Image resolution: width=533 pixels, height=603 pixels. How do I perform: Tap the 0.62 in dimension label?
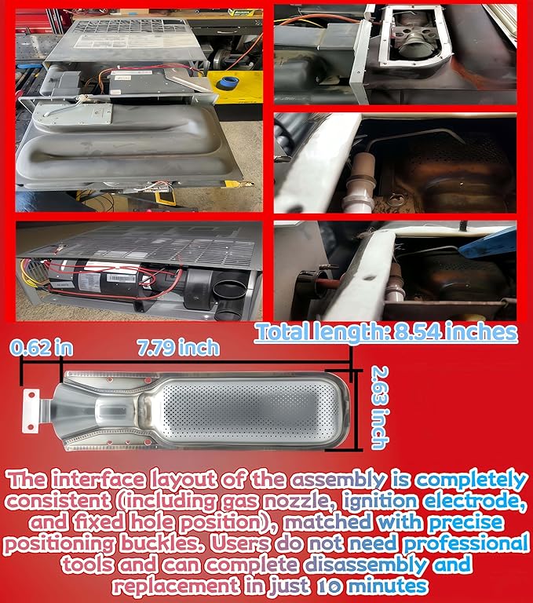[42, 348]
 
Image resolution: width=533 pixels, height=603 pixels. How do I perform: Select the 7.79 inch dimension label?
[178, 348]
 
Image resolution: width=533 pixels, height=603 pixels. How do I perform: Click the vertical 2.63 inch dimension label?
[378, 407]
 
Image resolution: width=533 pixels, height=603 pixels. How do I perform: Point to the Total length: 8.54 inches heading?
[386, 332]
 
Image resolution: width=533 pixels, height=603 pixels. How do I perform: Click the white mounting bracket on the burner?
[31, 411]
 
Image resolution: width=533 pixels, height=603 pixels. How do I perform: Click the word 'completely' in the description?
[471, 481]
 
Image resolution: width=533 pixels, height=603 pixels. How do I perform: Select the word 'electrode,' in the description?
[475, 501]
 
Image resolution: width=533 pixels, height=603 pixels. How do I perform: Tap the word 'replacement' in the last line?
[175, 587]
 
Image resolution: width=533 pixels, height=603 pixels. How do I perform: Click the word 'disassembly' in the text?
[366, 565]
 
